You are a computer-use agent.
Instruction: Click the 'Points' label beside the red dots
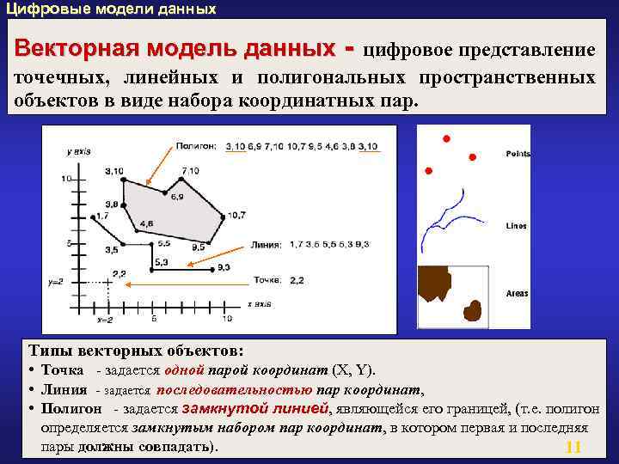[518, 154]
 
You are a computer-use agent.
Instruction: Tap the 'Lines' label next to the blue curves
[516, 226]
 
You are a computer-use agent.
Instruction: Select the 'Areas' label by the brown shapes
[517, 294]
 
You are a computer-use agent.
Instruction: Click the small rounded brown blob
[472, 309]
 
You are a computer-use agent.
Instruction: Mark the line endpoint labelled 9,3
[211, 268]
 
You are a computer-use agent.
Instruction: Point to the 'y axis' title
[78, 151]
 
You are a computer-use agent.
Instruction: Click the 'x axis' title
[260, 303]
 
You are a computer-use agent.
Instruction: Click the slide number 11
[574, 448]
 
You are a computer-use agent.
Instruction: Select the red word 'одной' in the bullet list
[187, 370]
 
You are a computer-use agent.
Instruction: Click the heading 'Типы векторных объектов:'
[136, 351]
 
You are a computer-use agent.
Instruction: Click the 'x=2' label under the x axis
[105, 319]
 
